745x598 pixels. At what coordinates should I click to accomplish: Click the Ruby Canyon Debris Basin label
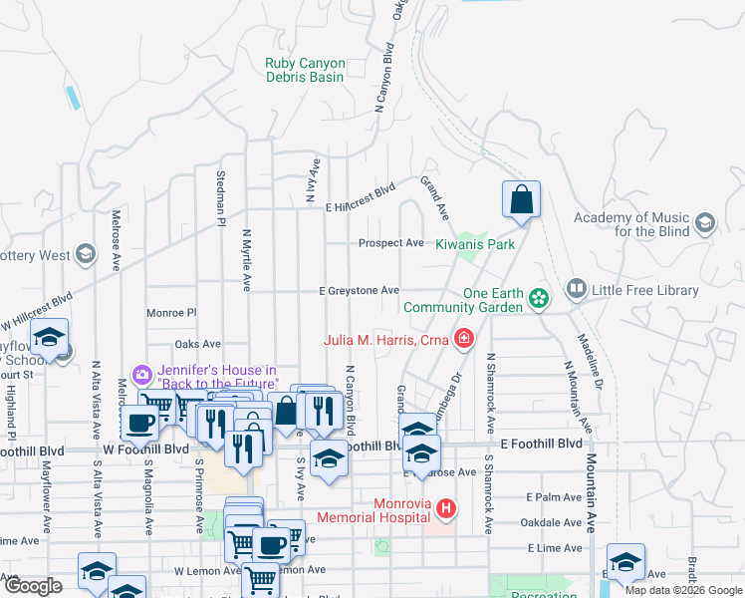pyautogui.click(x=304, y=70)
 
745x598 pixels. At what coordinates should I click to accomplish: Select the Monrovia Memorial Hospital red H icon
pyautogui.click(x=446, y=509)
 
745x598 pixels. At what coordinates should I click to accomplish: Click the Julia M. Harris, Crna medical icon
pyautogui.click(x=462, y=340)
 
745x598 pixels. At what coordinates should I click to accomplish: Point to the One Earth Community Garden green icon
pyautogui.click(x=539, y=298)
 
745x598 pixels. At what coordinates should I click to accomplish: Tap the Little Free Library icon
pyautogui.click(x=576, y=290)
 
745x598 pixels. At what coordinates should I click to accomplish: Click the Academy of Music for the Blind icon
pyautogui.click(x=707, y=223)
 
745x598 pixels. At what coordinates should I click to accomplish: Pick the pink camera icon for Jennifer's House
pyautogui.click(x=143, y=375)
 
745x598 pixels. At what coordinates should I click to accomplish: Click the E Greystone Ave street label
pyautogui.click(x=359, y=291)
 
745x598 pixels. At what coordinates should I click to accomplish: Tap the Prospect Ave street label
pyautogui.click(x=391, y=243)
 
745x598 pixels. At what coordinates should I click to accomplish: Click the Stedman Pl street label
pyautogui.click(x=220, y=198)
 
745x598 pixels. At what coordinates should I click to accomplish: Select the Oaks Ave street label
pyautogui.click(x=197, y=344)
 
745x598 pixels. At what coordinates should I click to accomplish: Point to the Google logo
pyautogui.click(x=33, y=586)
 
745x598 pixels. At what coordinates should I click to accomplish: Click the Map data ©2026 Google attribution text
pyautogui.click(x=682, y=590)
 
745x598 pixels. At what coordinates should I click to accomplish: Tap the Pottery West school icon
pyautogui.click(x=85, y=255)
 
